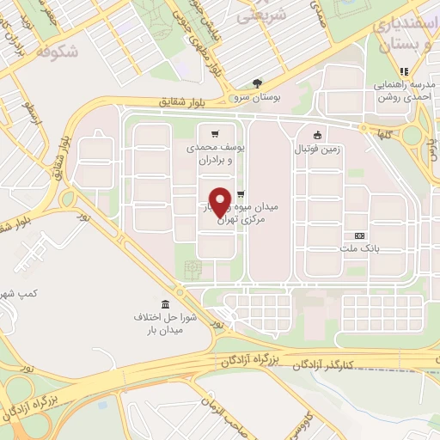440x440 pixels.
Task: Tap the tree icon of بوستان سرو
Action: click(258, 82)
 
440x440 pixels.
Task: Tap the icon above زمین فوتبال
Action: click(318, 133)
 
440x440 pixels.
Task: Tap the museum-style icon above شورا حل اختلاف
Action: click(165, 305)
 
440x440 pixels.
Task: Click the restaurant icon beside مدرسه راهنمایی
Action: click(401, 71)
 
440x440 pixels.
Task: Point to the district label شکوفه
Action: click(58, 52)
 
